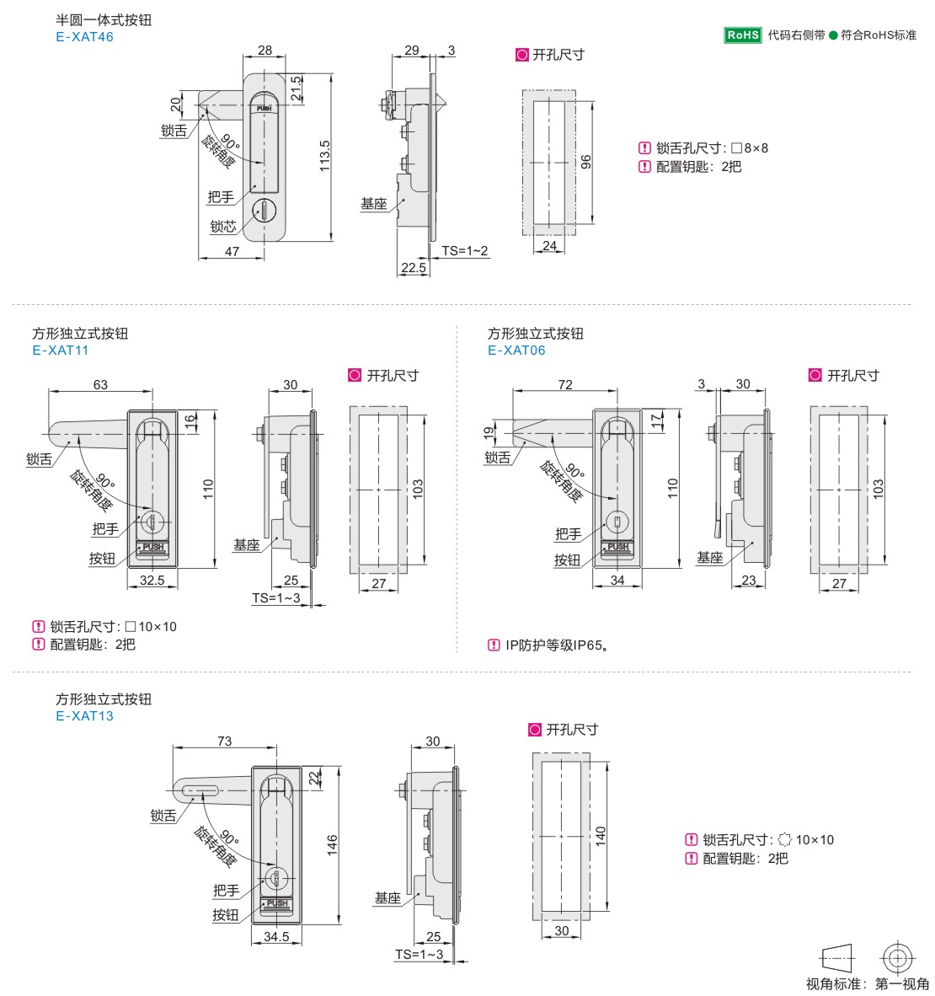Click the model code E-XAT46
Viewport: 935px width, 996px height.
84,37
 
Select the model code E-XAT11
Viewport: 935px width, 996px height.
61,350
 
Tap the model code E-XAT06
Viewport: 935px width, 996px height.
516,350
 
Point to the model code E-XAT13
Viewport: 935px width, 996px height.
84,716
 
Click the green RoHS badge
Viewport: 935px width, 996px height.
743,35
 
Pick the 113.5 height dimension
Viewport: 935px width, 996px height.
324,156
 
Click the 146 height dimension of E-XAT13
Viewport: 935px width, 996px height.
332,845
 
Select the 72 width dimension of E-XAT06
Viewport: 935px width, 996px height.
565,384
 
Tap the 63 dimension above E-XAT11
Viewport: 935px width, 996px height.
100,384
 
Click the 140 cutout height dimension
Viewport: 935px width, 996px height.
601,835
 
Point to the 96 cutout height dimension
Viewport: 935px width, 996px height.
585,162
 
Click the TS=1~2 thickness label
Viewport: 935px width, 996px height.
465,251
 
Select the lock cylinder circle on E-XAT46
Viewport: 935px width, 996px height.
264,211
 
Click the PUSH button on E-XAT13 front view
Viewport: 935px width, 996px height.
277,904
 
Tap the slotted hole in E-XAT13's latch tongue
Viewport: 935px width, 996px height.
200,791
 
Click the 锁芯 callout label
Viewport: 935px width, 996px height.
223,227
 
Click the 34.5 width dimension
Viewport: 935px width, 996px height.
276,936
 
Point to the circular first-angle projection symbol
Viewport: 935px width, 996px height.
898,957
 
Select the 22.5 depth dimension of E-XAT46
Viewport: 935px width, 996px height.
414,267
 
